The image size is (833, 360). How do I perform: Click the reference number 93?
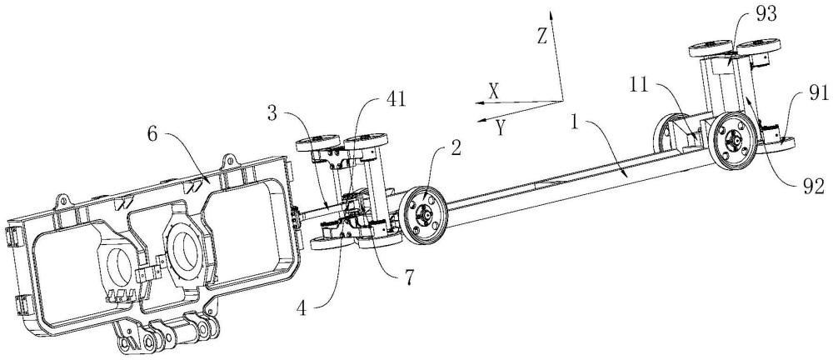coord(766,14)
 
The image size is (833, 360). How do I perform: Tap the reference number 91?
coord(818,93)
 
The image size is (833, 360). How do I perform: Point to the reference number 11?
coord(640,84)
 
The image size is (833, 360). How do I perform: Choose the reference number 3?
coord(272,114)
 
